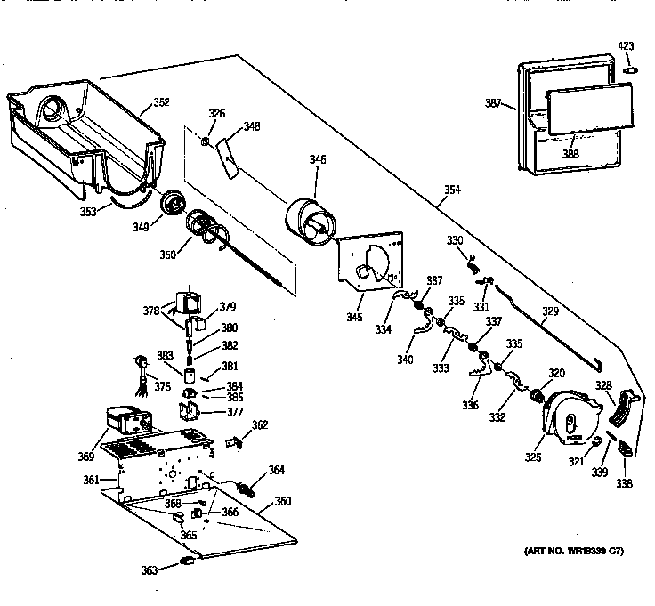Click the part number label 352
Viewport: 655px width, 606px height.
(161, 102)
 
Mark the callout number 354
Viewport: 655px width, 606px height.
(454, 190)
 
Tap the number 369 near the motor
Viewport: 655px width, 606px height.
(86, 457)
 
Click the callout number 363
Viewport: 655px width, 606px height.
(150, 570)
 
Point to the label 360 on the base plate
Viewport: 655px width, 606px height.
(282, 501)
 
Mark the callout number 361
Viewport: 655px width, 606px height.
(91, 481)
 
